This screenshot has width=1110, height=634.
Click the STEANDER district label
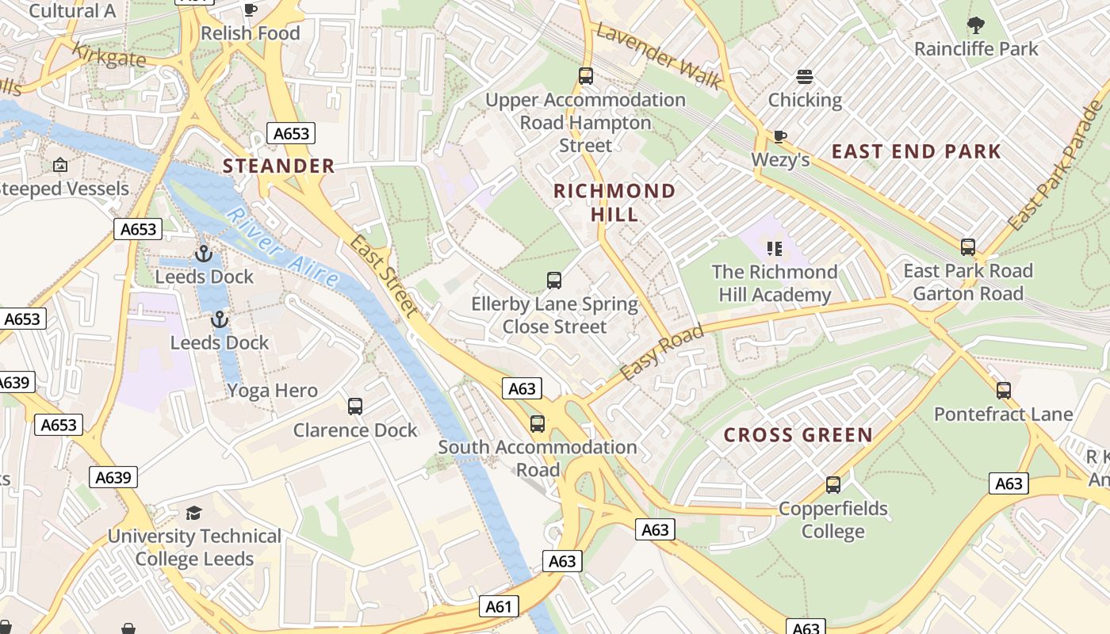point(278,166)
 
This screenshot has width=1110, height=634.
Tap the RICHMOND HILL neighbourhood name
point(614,202)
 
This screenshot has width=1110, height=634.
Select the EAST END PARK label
point(916,151)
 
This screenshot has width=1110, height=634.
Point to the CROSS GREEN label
point(798,435)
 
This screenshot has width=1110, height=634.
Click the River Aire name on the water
point(282,247)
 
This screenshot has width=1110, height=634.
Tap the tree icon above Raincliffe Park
point(975,26)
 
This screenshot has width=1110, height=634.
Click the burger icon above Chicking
point(805,77)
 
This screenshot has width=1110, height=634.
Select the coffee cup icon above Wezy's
point(779,136)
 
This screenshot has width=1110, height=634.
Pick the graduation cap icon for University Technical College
point(193,513)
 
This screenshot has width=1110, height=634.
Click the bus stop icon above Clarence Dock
point(355,407)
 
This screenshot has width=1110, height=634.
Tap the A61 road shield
point(499,606)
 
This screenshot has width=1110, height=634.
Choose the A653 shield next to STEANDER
point(291,133)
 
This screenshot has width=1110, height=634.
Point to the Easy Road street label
point(661,353)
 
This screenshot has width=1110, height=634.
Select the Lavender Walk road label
point(659,55)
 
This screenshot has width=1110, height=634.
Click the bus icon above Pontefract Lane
point(1004,391)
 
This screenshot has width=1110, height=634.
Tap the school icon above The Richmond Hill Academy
point(775,249)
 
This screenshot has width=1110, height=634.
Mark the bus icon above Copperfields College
point(832,484)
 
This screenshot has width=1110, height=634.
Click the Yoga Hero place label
point(272,391)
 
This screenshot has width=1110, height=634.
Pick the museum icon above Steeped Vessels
point(59,165)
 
